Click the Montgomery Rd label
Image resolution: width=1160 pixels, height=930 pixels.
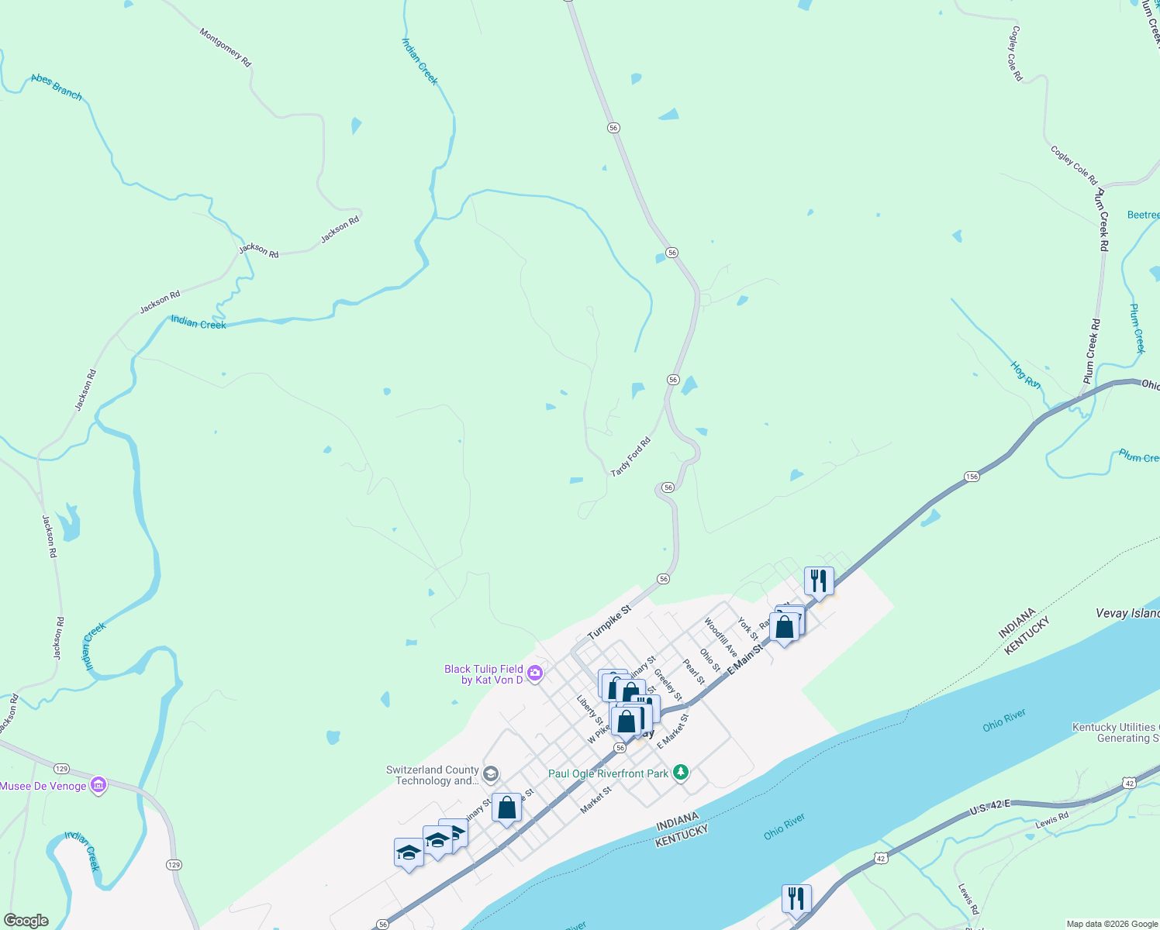(x=226, y=47)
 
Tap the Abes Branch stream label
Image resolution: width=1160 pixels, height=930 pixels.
(x=57, y=86)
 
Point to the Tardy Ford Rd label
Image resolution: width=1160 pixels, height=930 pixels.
(x=630, y=457)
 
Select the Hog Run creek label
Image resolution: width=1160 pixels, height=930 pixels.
(x=1026, y=374)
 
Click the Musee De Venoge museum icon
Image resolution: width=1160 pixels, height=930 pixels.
(x=98, y=786)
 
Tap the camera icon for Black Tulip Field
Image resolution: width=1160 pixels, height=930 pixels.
(x=534, y=673)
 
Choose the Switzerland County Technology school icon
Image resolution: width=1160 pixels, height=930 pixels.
(x=490, y=774)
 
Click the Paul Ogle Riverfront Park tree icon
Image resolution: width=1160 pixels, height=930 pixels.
(x=681, y=773)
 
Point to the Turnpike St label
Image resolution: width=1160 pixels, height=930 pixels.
(x=609, y=622)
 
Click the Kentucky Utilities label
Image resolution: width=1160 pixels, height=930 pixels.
(x=1115, y=732)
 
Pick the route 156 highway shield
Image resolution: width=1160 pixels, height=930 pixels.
(x=972, y=477)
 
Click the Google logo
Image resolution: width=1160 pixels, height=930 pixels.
(x=26, y=921)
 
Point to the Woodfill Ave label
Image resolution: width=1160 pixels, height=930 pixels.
(x=720, y=637)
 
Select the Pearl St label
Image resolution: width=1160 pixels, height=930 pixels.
(x=694, y=672)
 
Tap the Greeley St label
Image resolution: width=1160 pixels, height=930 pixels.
(x=668, y=685)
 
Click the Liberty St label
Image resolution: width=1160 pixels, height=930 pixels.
(x=589, y=710)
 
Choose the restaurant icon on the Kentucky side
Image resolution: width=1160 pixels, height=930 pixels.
(x=796, y=898)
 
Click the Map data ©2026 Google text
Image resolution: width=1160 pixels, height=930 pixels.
(x=1112, y=924)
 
